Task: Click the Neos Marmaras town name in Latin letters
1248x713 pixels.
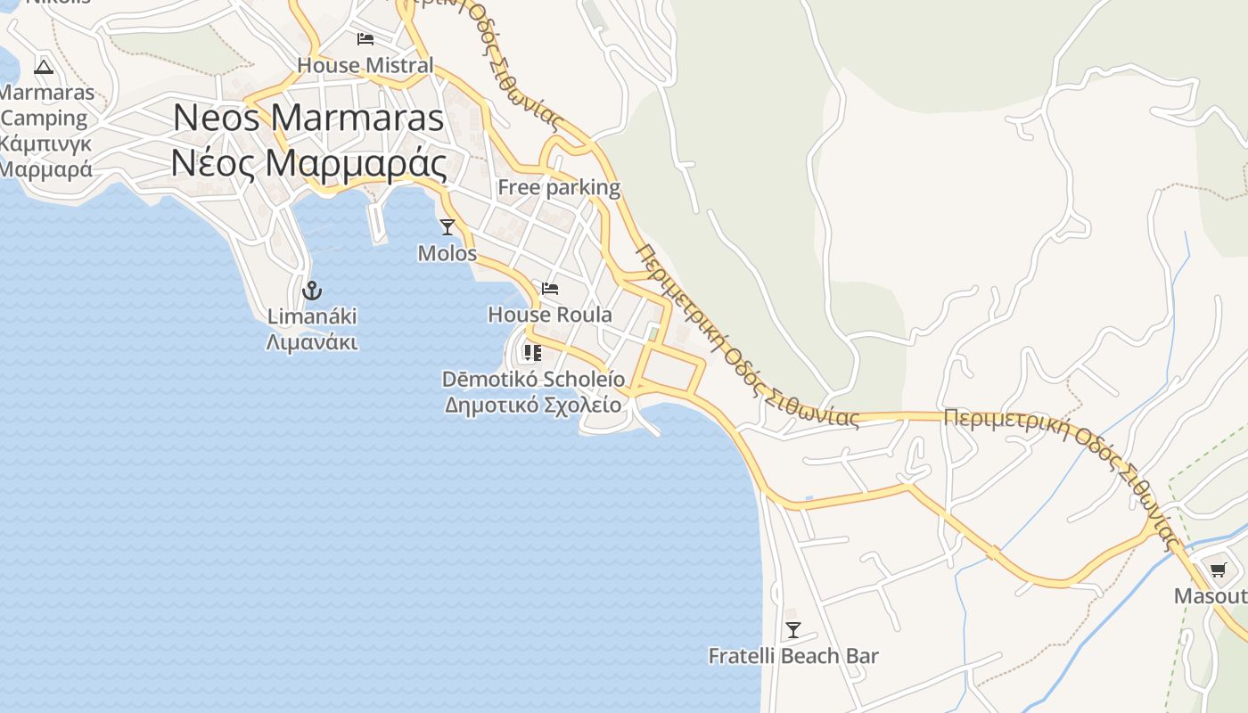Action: pyautogui.click(x=308, y=119)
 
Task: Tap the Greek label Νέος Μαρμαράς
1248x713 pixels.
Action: pyautogui.click(x=308, y=162)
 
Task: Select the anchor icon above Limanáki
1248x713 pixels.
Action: pyautogui.click(x=311, y=290)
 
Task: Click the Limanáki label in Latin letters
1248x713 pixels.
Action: pyautogui.click(x=312, y=316)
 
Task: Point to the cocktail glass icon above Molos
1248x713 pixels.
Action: pyautogui.click(x=447, y=227)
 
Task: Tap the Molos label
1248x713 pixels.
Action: pyautogui.click(x=447, y=253)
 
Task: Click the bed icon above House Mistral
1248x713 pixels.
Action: pyautogui.click(x=365, y=38)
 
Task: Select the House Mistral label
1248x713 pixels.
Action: pyautogui.click(x=365, y=65)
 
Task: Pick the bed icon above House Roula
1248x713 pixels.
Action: pyautogui.click(x=550, y=289)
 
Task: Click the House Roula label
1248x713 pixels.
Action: pyautogui.click(x=550, y=315)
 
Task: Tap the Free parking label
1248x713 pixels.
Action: pyautogui.click(x=559, y=187)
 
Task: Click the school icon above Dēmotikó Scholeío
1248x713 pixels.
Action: pyautogui.click(x=533, y=353)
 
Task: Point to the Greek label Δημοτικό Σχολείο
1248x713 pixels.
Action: pyautogui.click(x=533, y=405)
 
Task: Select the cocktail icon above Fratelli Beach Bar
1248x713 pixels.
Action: pyautogui.click(x=792, y=630)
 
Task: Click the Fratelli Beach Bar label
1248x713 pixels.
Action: pyautogui.click(x=793, y=657)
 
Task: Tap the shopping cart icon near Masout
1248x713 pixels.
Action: pyautogui.click(x=1219, y=570)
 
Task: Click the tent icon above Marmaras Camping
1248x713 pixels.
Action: pyautogui.click(x=44, y=66)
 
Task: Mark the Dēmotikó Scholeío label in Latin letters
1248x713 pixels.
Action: pyautogui.click(x=533, y=379)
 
